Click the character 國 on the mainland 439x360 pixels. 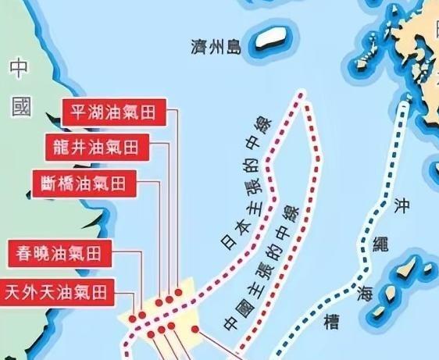[21, 107]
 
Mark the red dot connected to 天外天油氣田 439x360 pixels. [141, 315]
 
